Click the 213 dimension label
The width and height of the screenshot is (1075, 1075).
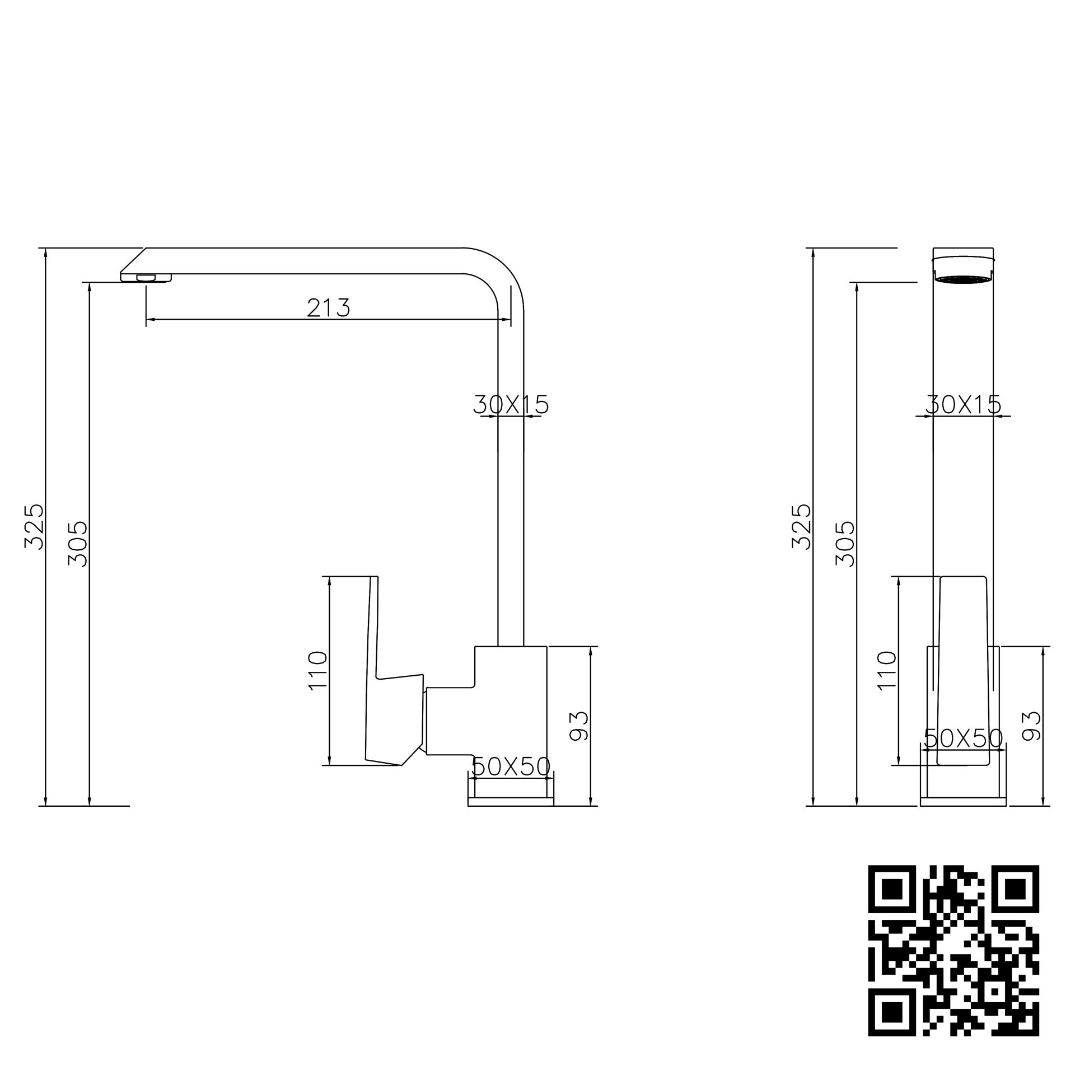tap(328, 308)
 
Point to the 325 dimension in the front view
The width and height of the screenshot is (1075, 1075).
tap(801, 526)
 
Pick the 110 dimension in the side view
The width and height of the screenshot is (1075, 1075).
tap(317, 671)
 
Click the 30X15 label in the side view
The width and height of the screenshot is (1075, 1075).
tap(511, 404)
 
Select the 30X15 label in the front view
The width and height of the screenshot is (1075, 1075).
tap(963, 404)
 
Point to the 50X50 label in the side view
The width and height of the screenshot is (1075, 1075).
tap(511, 766)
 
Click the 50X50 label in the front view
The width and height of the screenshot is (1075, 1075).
tap(963, 739)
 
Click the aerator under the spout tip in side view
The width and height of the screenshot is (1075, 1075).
tap(146, 278)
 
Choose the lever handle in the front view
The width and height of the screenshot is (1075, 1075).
tap(963, 672)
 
